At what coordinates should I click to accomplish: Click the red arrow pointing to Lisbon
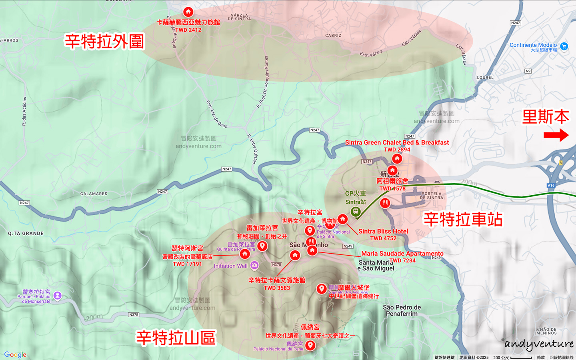click(556, 135)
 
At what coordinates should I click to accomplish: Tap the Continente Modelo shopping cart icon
click(564, 46)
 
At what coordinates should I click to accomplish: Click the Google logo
click(15, 354)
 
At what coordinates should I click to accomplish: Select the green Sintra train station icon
click(355, 212)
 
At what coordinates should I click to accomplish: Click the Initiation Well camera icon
click(254, 265)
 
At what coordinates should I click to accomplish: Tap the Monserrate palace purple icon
click(57, 296)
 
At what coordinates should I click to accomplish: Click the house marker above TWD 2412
click(188, 12)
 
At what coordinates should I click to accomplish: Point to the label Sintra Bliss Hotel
click(383, 231)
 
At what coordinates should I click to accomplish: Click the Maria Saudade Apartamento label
click(402, 253)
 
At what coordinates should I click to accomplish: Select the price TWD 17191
click(187, 264)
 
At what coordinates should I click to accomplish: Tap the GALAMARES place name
click(94, 194)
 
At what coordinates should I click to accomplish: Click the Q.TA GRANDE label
click(26, 234)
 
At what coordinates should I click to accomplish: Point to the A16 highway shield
click(551, 186)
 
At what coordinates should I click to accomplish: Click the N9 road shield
click(528, 71)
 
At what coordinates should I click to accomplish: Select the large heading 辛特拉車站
click(463, 219)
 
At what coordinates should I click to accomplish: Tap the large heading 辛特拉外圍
click(104, 41)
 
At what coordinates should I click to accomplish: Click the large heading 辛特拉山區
click(176, 338)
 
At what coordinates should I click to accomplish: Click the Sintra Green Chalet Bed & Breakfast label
click(397, 142)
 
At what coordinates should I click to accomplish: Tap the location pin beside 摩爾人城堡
click(322, 289)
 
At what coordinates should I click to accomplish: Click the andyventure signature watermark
click(539, 344)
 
